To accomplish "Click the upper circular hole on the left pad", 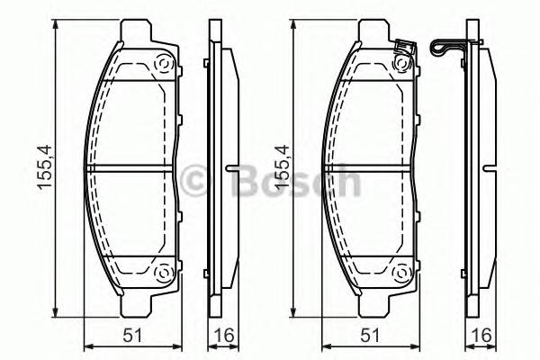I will (164, 65).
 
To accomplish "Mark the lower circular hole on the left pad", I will (164, 274).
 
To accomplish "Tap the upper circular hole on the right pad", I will (400, 65).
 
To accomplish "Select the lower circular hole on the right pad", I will (400, 274).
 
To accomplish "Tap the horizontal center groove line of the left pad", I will (130, 168).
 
